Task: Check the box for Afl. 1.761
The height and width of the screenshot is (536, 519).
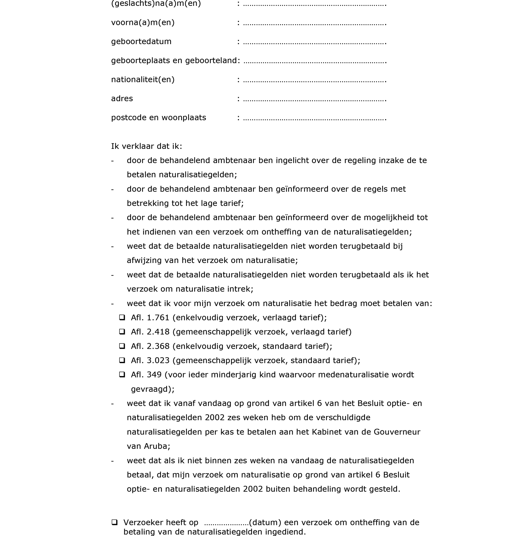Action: click(122, 317)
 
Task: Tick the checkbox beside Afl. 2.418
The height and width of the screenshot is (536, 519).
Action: click(122, 331)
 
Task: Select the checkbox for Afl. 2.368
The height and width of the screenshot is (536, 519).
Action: click(122, 346)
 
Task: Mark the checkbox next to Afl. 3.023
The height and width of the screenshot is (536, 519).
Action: click(122, 360)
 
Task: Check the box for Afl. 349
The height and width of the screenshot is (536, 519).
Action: click(122, 374)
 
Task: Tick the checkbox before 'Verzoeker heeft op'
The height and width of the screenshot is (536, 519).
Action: click(115, 522)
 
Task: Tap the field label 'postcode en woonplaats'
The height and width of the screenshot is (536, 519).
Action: click(158, 118)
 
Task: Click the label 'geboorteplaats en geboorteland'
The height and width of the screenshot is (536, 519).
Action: click(174, 61)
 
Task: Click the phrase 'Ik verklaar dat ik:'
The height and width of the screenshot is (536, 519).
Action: click(146, 146)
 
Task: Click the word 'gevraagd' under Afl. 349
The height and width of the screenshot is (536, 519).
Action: click(151, 389)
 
